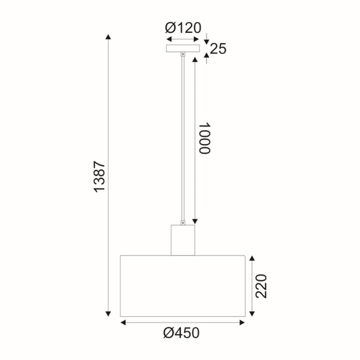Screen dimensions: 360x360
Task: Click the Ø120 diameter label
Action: pyautogui.click(x=183, y=28)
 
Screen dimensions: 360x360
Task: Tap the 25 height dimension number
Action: pyautogui.click(x=219, y=49)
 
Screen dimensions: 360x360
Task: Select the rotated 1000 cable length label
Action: pyautogui.click(x=204, y=138)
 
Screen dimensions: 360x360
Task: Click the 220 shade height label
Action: pyautogui.click(x=262, y=286)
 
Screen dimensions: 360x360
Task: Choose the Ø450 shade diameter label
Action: pyautogui.click(x=182, y=334)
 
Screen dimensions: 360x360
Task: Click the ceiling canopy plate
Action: pyautogui.click(x=183, y=48)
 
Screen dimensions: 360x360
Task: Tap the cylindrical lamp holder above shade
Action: pyautogui.click(x=183, y=240)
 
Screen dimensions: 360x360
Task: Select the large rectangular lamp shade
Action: pyautogui.click(x=183, y=285)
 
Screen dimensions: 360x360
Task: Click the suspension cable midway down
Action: pyautogui.click(x=183, y=139)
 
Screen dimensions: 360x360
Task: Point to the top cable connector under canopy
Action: pyautogui.click(x=183, y=55)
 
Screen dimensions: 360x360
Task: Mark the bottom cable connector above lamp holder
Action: pyautogui.click(x=183, y=222)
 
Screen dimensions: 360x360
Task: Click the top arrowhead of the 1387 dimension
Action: pyautogui.click(x=108, y=37)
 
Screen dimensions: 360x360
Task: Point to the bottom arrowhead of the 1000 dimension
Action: pyautogui.click(x=195, y=221)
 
